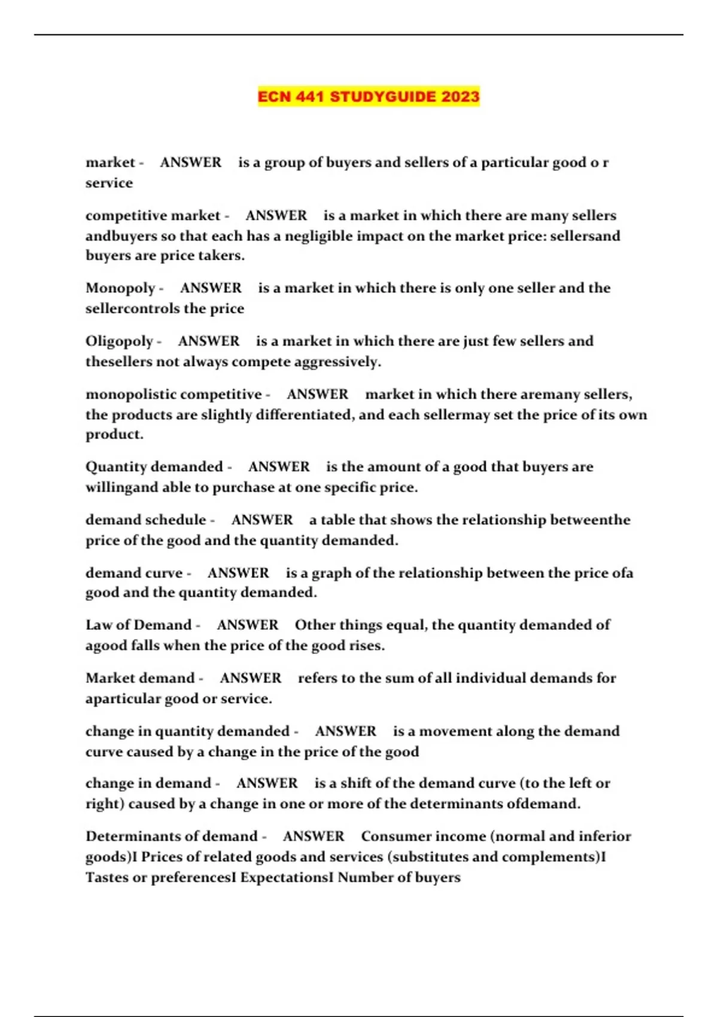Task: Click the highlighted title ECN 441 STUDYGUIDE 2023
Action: tap(369, 96)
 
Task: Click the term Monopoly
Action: tap(120, 288)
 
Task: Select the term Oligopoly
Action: tap(119, 342)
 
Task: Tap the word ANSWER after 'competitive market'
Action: tap(276, 215)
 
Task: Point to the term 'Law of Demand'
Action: tap(138, 625)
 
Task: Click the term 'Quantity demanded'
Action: tap(154, 467)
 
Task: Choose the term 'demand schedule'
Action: tap(145, 520)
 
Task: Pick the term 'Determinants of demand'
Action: tap(171, 836)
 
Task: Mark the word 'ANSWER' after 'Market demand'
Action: tap(250, 678)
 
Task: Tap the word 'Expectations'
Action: tap(284, 878)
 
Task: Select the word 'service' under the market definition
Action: tap(109, 183)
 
